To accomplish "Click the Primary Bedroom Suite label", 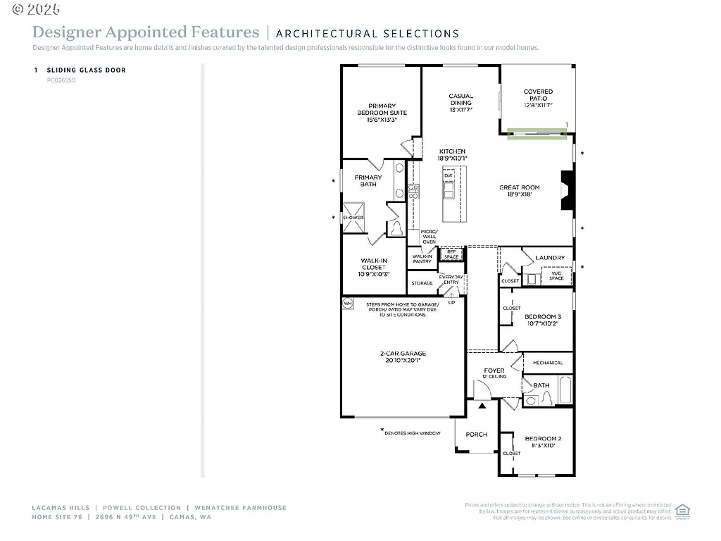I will coord(382,113).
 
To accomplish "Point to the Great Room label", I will coord(520,191).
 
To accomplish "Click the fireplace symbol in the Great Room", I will coord(568,190).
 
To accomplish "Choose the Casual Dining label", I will coord(461,103).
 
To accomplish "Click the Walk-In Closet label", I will coord(374,267).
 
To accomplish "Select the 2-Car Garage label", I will coord(403,357).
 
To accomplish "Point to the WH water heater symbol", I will coord(347,303).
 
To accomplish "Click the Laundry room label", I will coord(550,258).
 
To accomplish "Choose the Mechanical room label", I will coord(548,363).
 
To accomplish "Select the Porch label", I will coord(477,434).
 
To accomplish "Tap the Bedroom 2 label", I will coord(542,442).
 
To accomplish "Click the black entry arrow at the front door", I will coord(482,406).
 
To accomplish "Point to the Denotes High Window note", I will coord(411,433).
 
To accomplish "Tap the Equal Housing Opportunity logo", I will coord(682,511).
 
